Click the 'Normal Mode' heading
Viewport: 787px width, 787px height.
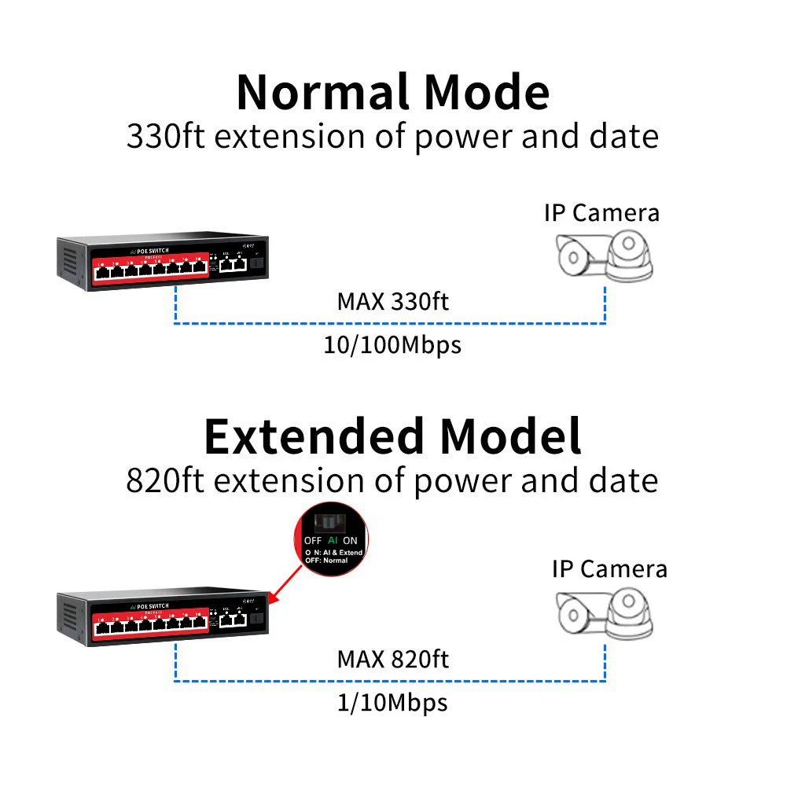coord(392,92)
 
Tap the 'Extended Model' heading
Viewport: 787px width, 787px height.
coord(392,436)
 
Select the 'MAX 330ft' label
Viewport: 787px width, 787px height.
coord(392,300)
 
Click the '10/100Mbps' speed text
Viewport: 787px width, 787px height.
coord(392,345)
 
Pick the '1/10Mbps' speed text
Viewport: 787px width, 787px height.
coord(392,701)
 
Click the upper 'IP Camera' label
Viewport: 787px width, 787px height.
coord(601,212)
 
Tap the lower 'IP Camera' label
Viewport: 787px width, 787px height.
coord(609,568)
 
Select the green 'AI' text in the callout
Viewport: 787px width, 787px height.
coord(333,541)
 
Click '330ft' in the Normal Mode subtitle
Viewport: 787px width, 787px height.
coord(166,136)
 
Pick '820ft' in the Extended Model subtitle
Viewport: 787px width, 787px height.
coord(166,480)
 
